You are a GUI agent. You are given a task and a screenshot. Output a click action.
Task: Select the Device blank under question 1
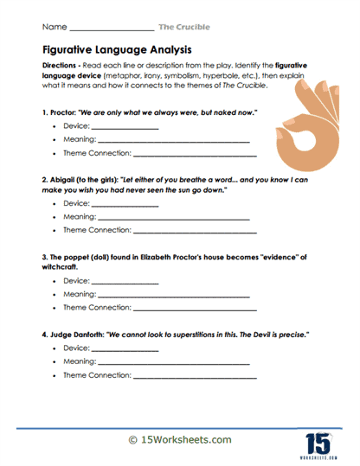(125, 129)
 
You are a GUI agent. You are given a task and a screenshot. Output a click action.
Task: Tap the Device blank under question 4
(125, 348)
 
